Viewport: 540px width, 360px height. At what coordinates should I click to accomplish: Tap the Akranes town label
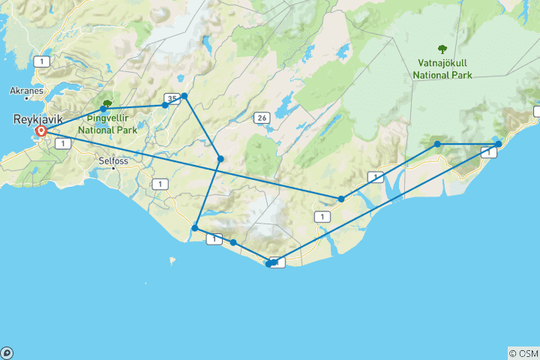click(x=27, y=91)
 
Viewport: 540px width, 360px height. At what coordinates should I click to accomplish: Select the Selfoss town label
click(x=115, y=160)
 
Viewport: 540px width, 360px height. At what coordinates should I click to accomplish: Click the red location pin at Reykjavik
click(x=41, y=131)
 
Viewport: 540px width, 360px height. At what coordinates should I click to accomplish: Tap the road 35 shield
click(x=172, y=98)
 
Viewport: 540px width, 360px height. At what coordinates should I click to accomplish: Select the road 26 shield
click(x=262, y=118)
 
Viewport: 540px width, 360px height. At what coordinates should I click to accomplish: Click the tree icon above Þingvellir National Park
click(x=107, y=105)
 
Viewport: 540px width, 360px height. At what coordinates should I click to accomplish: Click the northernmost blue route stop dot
click(x=184, y=96)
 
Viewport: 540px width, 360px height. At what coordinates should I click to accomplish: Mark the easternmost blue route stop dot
click(x=498, y=144)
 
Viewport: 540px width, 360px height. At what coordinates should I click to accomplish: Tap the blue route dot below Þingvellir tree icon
click(x=103, y=109)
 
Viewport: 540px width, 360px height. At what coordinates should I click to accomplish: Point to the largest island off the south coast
click(x=172, y=262)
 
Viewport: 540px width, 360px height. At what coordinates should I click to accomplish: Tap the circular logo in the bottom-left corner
click(x=7, y=352)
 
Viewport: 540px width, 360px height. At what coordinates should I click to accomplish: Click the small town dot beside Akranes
click(x=27, y=98)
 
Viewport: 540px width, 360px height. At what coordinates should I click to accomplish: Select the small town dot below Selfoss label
click(x=114, y=168)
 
